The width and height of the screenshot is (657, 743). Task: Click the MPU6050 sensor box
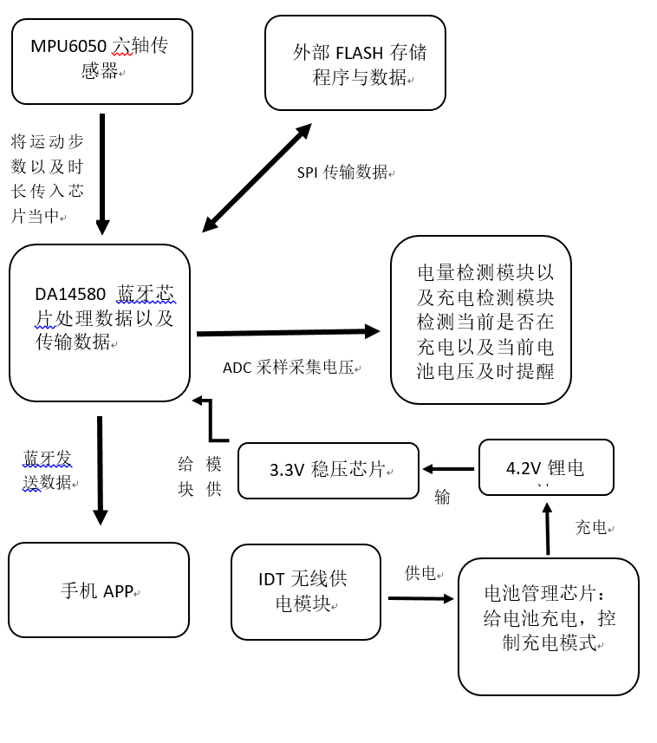coord(102,62)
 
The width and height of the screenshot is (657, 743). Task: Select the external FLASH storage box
coord(355,63)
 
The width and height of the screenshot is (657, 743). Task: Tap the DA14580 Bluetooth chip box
coord(100,323)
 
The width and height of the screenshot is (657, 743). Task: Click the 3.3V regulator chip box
coord(328,471)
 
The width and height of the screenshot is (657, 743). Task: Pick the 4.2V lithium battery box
coord(546,467)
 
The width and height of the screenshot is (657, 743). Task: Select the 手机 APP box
coord(99,590)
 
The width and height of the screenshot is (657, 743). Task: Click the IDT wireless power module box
coord(306,592)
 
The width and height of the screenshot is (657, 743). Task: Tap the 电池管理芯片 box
coord(549,627)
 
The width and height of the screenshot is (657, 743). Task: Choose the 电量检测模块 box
coord(481,320)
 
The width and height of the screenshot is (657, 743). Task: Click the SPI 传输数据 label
coord(345,173)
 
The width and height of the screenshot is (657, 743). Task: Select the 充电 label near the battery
coord(593,527)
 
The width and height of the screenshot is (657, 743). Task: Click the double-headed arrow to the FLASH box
coord(257,178)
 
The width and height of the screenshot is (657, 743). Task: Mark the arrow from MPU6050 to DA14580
coord(102,173)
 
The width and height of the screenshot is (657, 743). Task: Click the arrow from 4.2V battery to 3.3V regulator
coord(449,469)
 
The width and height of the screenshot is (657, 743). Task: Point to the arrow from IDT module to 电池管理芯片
coord(420,598)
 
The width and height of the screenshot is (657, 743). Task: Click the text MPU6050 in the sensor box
coord(68,46)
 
